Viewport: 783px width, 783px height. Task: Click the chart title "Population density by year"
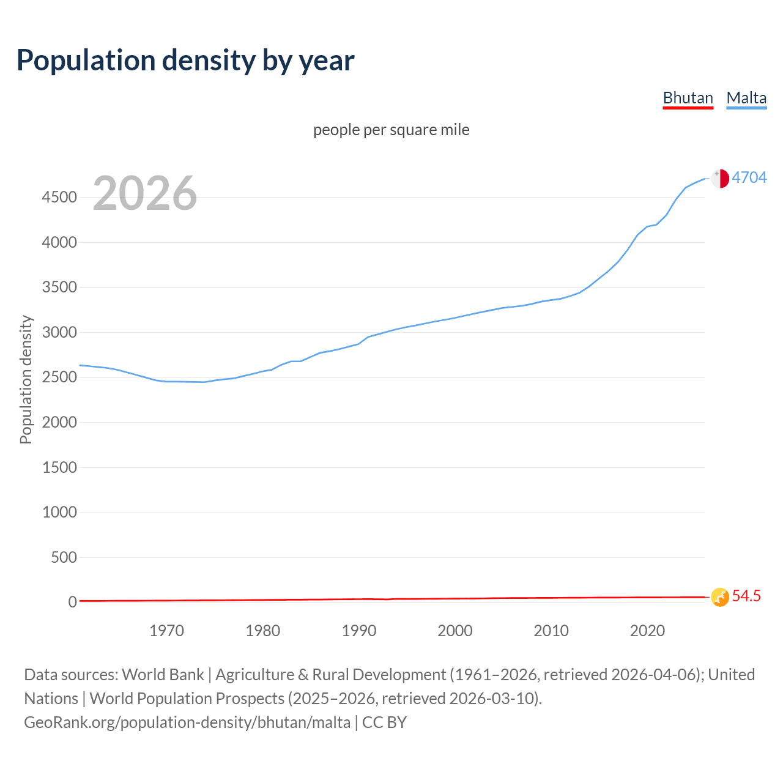tap(185, 61)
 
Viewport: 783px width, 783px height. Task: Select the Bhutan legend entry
tap(688, 98)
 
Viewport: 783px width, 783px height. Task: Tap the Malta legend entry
tap(746, 98)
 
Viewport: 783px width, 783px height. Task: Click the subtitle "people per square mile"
tap(391, 130)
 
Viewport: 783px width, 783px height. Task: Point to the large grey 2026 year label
tap(145, 193)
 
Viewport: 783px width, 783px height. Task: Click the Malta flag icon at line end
tap(720, 178)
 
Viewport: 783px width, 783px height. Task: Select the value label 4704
tap(749, 177)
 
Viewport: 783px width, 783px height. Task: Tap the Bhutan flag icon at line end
tap(720, 596)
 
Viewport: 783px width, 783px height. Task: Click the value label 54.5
tap(746, 596)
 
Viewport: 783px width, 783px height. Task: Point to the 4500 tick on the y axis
tap(59, 198)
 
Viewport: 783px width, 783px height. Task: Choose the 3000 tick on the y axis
tap(59, 332)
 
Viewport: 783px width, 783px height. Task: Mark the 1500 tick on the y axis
tap(59, 467)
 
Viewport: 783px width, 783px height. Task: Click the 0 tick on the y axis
tap(73, 602)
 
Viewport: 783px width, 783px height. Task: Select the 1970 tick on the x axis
tap(166, 631)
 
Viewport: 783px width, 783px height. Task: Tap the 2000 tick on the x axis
tap(455, 631)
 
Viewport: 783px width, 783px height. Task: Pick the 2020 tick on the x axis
tap(647, 631)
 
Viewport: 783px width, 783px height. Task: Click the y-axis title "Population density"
tap(26, 379)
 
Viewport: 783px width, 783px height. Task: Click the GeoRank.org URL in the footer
tap(187, 722)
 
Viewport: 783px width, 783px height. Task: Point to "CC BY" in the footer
tap(384, 722)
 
